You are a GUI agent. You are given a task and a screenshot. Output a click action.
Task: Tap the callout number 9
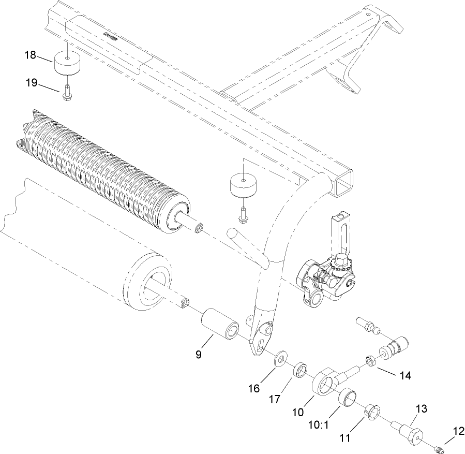tap(199, 355)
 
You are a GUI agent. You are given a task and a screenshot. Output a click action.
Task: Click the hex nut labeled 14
tap(371, 360)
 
